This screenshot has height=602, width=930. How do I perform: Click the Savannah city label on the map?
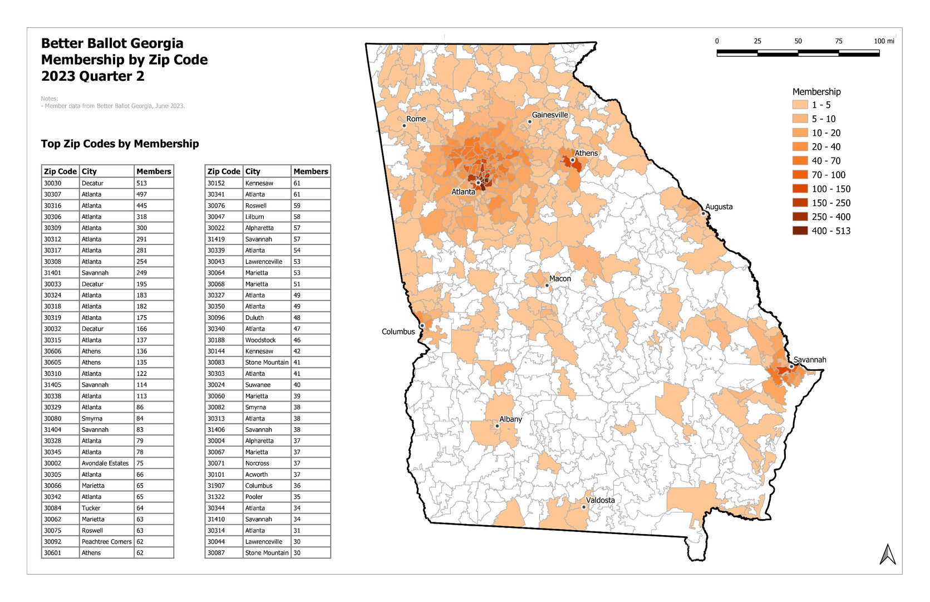[810, 360]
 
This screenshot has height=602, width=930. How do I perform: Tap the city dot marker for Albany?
[497, 426]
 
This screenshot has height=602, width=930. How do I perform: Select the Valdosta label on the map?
[600, 500]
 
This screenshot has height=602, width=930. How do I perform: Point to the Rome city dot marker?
[404, 126]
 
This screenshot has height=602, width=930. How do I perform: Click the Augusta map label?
[719, 207]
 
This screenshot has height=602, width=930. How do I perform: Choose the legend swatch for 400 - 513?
[800, 231]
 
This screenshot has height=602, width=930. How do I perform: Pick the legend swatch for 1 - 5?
[800, 105]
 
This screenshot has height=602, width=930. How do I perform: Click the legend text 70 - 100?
[828, 175]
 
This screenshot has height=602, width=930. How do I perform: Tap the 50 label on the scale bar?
[798, 41]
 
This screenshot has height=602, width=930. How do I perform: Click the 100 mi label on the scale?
[884, 41]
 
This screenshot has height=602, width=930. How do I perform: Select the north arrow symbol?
[887, 554]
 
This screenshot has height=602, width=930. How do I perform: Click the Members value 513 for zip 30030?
[141, 183]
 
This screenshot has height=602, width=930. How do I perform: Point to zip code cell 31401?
[53, 273]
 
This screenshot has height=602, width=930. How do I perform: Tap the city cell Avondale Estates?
[105, 463]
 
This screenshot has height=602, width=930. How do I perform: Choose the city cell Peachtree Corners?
[106, 542]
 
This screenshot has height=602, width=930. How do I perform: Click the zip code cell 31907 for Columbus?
[216, 486]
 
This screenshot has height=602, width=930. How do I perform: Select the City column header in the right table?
[253, 172]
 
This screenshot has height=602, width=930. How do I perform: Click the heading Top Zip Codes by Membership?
[120, 144]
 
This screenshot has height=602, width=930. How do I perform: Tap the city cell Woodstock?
[260, 340]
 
